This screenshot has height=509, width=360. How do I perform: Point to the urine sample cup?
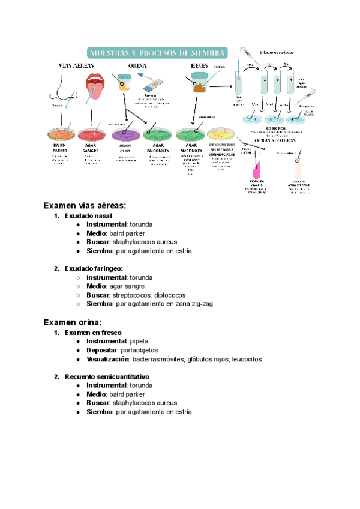coord(124,82)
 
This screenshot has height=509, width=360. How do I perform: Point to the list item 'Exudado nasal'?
coord(88,216)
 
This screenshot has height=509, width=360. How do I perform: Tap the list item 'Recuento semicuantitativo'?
coord(107,376)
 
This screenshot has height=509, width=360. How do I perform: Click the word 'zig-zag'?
coord(200,304)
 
